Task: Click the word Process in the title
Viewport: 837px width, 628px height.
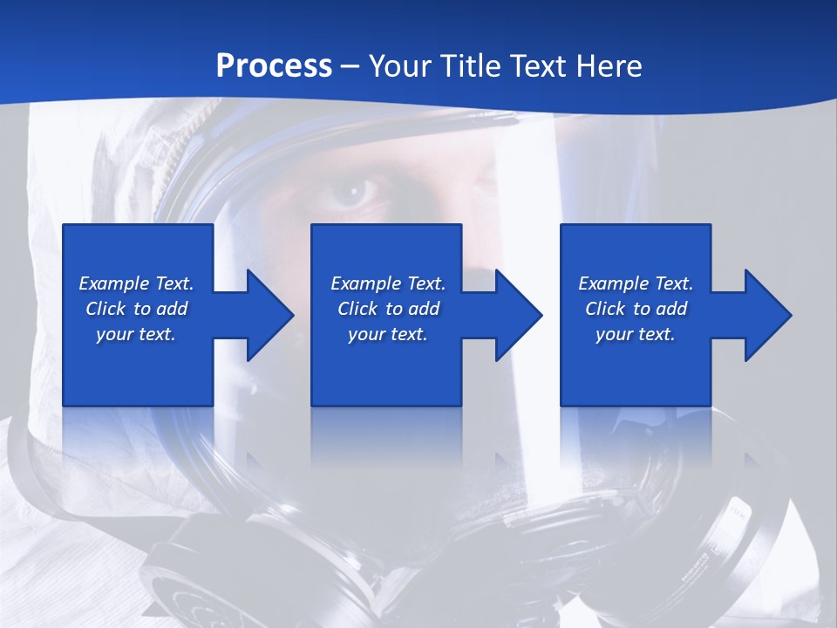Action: tap(274, 66)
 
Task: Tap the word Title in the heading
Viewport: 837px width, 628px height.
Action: tap(472, 66)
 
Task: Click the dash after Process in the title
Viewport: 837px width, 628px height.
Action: tap(350, 67)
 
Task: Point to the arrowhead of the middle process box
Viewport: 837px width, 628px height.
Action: tap(517, 315)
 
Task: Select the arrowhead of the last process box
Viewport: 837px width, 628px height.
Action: tap(766, 315)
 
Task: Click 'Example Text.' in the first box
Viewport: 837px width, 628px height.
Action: tap(136, 283)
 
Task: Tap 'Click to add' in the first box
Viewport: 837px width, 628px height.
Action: tap(136, 309)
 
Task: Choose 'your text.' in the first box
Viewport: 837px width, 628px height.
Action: tap(136, 334)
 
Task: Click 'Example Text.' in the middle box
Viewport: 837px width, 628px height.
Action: tap(388, 283)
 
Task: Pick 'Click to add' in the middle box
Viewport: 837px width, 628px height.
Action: tap(388, 309)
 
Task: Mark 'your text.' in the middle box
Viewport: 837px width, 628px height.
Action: tap(388, 334)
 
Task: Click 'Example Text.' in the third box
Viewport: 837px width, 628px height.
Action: tap(636, 283)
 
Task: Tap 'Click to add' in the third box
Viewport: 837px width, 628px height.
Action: tap(636, 309)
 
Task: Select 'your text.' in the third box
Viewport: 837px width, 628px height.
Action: tap(636, 334)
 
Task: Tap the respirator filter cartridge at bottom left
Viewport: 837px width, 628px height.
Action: tap(187, 584)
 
